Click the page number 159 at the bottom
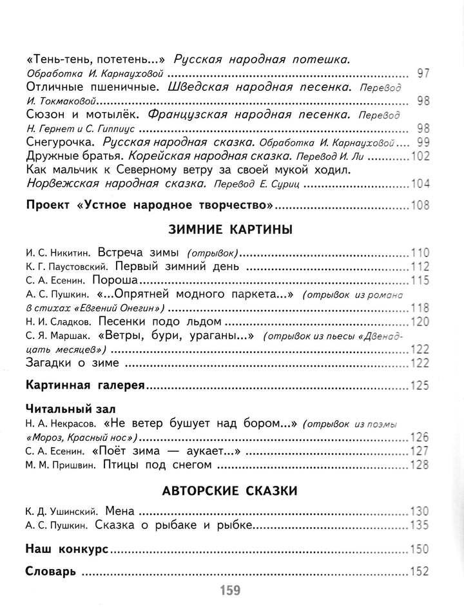[230, 590]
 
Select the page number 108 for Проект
[420, 206]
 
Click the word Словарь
[52, 572]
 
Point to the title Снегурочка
[61, 142]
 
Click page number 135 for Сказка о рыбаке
[420, 525]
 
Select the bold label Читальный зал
[66, 409]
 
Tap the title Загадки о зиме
[73, 363]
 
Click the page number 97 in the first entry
[423, 73]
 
